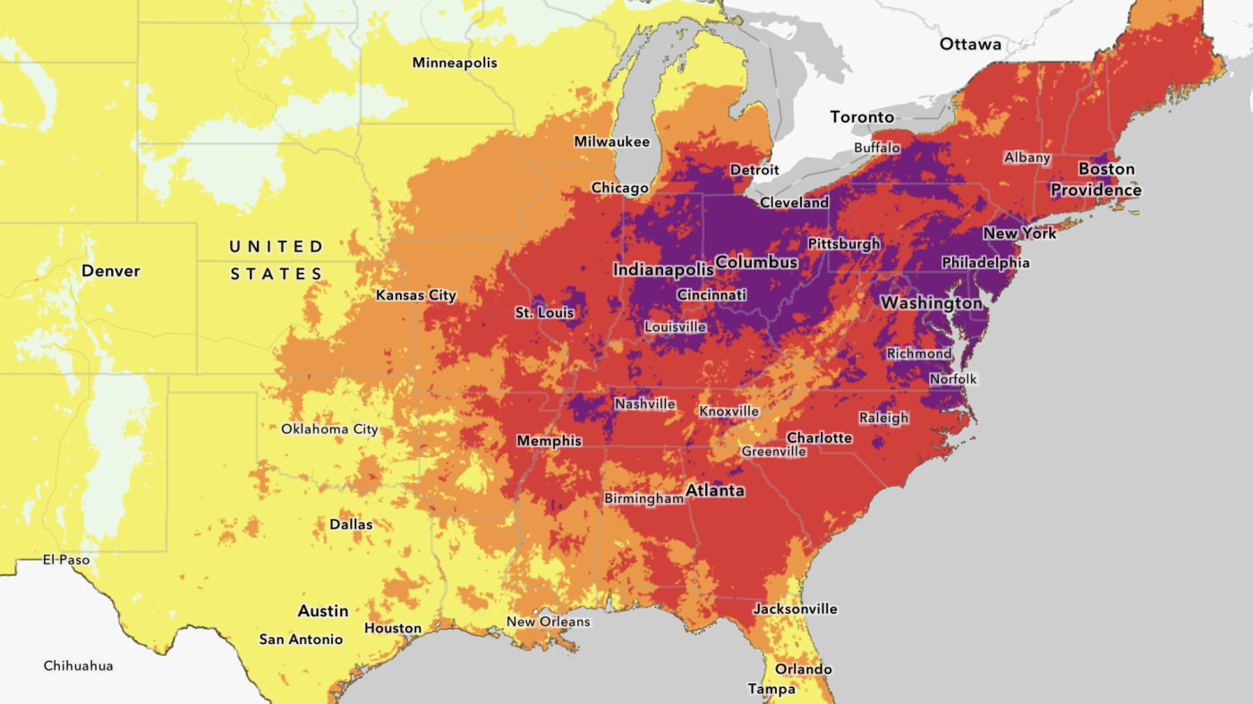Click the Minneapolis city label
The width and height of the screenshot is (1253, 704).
(455, 63)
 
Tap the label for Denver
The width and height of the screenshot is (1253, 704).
(111, 271)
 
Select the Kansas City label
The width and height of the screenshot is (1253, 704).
(416, 295)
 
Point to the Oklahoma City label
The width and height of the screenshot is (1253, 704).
(329, 429)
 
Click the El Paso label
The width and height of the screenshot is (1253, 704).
(66, 560)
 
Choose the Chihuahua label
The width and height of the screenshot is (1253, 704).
(79, 666)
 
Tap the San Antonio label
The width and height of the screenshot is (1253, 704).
(301, 640)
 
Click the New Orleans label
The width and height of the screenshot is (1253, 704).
(549, 622)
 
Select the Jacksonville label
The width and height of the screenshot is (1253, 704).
(796, 609)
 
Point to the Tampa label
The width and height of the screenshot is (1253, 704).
(771, 689)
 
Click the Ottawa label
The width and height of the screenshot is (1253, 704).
(970, 44)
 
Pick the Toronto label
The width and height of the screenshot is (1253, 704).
(862, 117)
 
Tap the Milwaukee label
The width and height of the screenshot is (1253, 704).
(611, 141)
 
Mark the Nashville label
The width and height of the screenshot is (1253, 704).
(644, 404)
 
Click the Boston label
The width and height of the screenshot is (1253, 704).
(1106, 169)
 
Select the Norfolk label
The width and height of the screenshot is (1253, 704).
(953, 379)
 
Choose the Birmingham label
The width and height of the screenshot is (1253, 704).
(644, 498)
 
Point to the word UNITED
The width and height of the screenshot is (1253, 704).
(276, 246)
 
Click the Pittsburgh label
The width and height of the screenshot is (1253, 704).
(844, 243)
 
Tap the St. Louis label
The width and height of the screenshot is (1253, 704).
(544, 313)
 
